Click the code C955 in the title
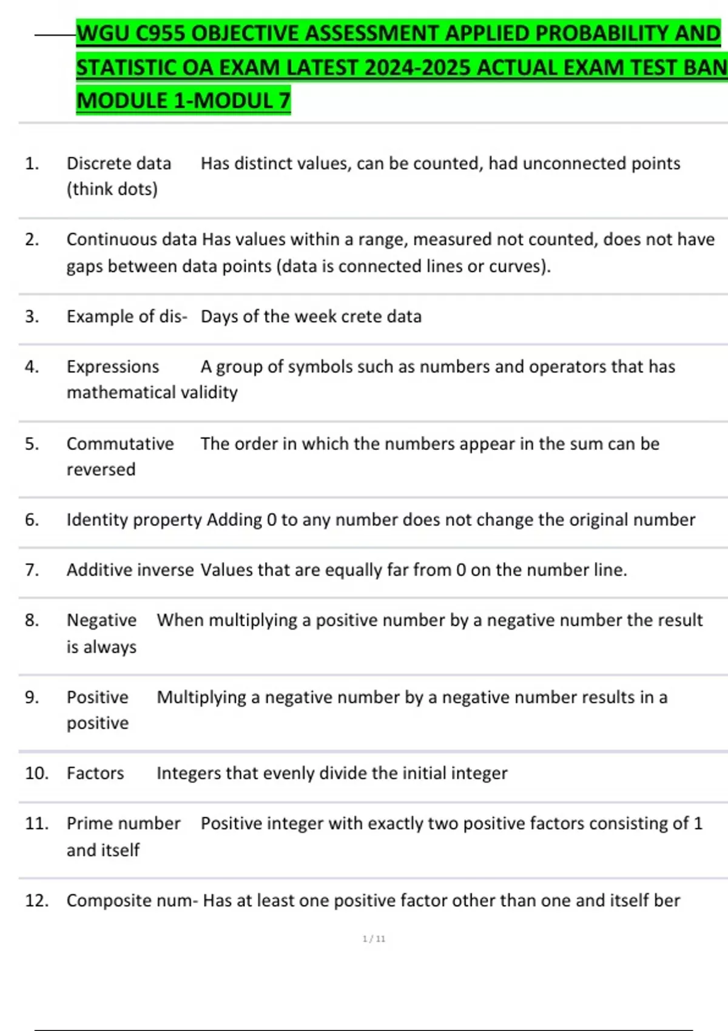tap(159, 33)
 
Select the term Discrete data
tap(119, 163)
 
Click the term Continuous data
tap(132, 240)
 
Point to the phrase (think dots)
tap(112, 189)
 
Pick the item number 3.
tap(32, 317)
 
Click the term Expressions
tap(113, 366)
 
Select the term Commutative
tap(120, 443)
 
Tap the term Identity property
tap(134, 520)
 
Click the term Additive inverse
tap(130, 570)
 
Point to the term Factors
tap(95, 773)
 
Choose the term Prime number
tap(124, 824)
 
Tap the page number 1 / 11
tap(374, 939)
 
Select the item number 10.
tap(36, 773)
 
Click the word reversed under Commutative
tap(101, 469)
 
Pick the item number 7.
tap(32, 570)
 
